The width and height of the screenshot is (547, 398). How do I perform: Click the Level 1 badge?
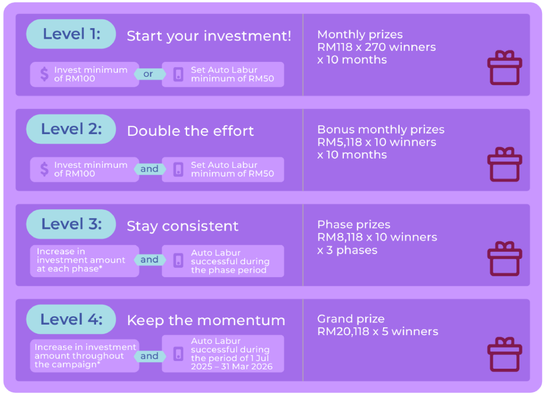point(71,34)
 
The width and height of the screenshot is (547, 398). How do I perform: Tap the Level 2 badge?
point(71,129)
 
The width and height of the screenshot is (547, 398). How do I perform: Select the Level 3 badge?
point(71,224)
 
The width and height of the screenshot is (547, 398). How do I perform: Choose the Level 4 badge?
point(71,319)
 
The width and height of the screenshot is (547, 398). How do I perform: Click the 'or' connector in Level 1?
point(148,74)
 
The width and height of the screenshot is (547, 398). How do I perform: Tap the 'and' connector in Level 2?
point(150,169)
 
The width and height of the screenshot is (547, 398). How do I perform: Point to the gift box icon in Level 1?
point(504,67)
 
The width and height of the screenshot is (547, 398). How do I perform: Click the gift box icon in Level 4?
point(504,354)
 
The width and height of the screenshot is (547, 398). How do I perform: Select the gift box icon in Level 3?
point(504,258)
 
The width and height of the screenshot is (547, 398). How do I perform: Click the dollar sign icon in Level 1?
point(44,74)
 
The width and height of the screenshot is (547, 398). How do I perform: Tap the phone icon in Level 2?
point(178,169)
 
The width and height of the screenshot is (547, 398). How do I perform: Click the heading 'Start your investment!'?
point(209,36)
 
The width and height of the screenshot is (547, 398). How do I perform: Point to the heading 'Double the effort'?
point(190,131)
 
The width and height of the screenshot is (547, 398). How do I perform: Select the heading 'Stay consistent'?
point(183,226)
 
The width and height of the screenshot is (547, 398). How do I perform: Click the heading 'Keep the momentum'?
point(206,321)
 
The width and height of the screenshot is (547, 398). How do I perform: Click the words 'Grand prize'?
point(351,319)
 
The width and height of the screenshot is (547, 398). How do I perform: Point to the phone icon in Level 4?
point(178,354)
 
